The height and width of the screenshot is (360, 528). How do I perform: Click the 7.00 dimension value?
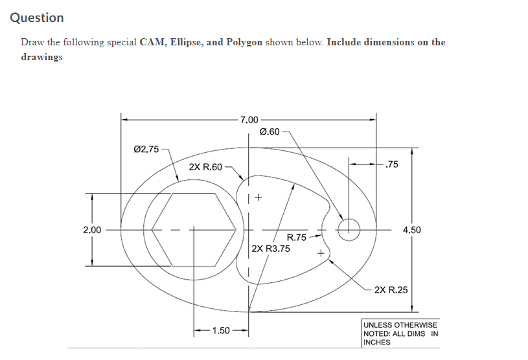249,120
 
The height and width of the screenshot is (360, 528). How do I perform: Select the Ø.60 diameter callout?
269,132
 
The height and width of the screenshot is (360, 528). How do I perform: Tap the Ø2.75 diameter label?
145,150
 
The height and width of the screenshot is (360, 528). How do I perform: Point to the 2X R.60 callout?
205,166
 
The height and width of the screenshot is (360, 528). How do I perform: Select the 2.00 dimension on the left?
92,229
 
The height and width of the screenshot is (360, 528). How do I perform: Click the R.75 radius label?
297,238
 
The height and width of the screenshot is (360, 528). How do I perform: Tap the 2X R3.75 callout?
271,248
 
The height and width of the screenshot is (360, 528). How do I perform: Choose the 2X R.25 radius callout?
391,289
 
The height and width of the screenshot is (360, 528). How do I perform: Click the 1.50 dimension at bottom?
221,331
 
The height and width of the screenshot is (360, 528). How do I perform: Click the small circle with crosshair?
349,229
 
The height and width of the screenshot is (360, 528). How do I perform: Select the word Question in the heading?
37,18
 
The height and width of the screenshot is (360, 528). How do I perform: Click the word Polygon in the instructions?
244,42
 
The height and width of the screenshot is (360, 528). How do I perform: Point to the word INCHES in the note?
377,342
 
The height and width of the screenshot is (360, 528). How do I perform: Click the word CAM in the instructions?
151,42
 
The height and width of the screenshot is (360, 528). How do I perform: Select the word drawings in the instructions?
41,57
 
